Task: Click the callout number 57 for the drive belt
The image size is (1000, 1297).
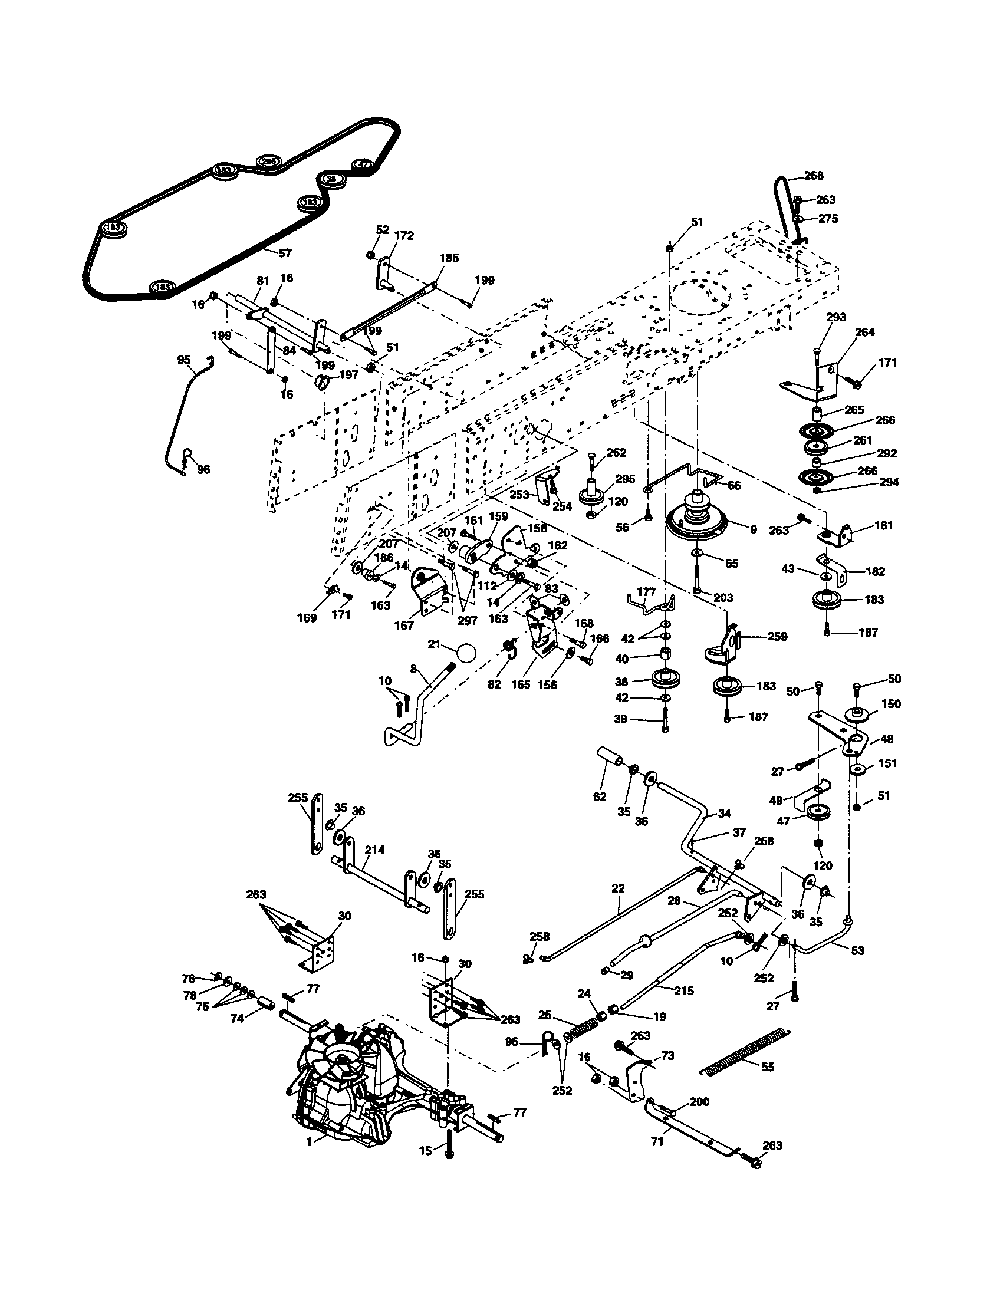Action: (x=285, y=253)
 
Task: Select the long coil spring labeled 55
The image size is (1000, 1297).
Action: (x=747, y=1051)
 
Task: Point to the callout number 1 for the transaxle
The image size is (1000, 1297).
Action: (x=309, y=1142)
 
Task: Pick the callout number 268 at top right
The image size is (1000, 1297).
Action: (x=814, y=176)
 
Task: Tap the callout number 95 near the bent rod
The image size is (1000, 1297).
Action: (x=184, y=360)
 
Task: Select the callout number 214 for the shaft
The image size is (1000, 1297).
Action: (x=374, y=850)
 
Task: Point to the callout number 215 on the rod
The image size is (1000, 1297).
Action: (x=684, y=990)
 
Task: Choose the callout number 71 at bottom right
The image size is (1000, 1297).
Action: (x=657, y=1142)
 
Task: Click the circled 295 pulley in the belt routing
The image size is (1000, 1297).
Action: (x=268, y=162)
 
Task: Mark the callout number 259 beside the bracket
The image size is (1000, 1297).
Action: (x=777, y=637)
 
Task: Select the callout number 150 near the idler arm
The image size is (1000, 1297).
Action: (x=891, y=704)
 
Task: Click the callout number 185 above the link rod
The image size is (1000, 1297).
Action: (x=449, y=258)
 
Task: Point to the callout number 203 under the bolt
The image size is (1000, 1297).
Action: (x=723, y=598)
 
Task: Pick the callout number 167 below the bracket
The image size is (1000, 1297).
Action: (x=404, y=626)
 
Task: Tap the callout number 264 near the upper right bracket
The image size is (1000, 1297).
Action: (x=864, y=332)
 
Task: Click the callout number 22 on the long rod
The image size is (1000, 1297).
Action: (x=618, y=888)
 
